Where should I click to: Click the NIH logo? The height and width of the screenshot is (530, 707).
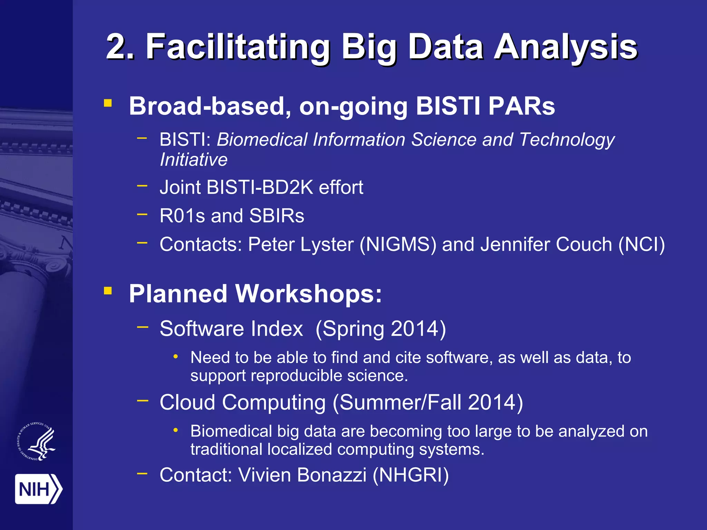click(38, 489)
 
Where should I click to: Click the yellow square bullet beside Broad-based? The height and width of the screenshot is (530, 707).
click(108, 103)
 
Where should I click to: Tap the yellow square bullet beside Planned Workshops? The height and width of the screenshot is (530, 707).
click(108, 291)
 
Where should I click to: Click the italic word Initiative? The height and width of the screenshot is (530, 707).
click(194, 160)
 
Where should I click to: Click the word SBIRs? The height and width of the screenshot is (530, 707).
click(277, 216)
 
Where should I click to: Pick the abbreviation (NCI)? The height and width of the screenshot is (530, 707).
click(641, 245)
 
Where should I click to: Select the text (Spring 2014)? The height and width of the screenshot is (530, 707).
click(380, 329)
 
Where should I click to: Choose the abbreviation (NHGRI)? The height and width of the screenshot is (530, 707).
click(410, 475)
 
